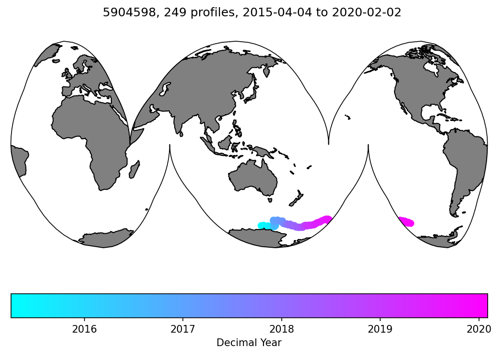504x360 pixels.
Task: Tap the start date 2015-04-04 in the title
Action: pyautogui.click(x=268, y=13)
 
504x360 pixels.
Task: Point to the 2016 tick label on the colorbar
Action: pyautogui.click(x=84, y=329)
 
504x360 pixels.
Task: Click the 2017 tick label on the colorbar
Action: pyautogui.click(x=183, y=329)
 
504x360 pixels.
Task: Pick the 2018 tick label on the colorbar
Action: pyautogui.click(x=281, y=329)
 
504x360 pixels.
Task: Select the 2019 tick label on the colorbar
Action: pyautogui.click(x=380, y=329)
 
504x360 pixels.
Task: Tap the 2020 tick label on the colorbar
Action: pyautogui.click(x=479, y=329)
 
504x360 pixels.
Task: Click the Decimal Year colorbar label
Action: pyautogui.click(x=249, y=343)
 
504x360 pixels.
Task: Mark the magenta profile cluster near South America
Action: pyautogui.click(x=406, y=222)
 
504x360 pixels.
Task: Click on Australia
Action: pyautogui.click(x=253, y=178)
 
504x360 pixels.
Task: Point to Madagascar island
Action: pyautogui.click(x=134, y=169)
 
